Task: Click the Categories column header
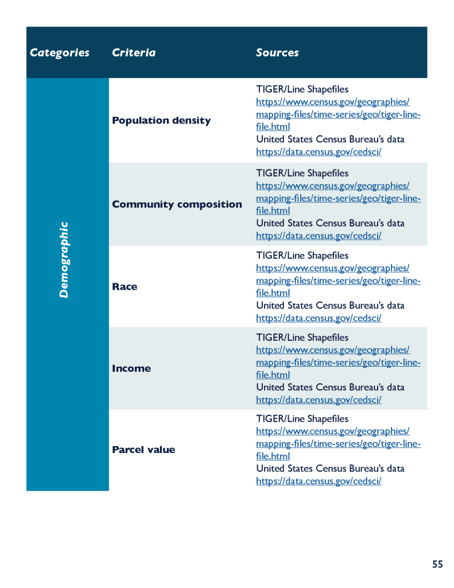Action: tap(60, 53)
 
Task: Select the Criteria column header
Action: tap(134, 53)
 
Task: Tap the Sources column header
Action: tap(277, 53)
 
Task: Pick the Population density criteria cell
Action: tap(161, 121)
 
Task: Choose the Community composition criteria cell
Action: tap(177, 205)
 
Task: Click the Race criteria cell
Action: tap(125, 287)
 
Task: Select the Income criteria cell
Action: tap(131, 368)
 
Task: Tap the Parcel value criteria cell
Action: tap(143, 449)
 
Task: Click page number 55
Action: tap(437, 564)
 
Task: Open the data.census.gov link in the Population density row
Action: tap(319, 152)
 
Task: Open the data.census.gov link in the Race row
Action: tap(319, 318)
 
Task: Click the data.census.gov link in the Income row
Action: tap(319, 400)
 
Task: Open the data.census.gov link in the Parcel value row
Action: tap(319, 481)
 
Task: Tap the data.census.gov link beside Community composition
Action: tap(319, 236)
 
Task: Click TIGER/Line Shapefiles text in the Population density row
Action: tap(302, 90)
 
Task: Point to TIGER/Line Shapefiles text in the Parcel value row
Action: tap(302, 419)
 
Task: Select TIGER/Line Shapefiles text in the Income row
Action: tap(302, 338)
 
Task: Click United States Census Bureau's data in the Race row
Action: tap(330, 306)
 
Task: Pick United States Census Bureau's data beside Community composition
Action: tap(330, 223)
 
